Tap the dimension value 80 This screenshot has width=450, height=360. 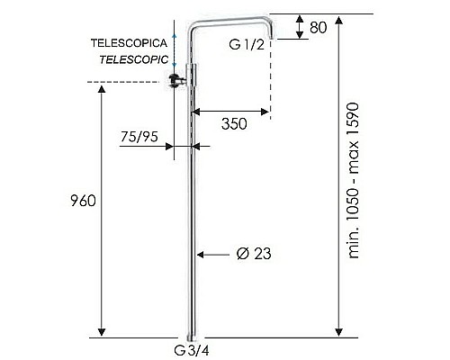(x=317, y=27)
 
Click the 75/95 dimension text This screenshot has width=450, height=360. (x=139, y=137)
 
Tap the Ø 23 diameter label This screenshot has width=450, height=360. (x=254, y=255)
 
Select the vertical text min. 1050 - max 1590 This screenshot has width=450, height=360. (x=355, y=181)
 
